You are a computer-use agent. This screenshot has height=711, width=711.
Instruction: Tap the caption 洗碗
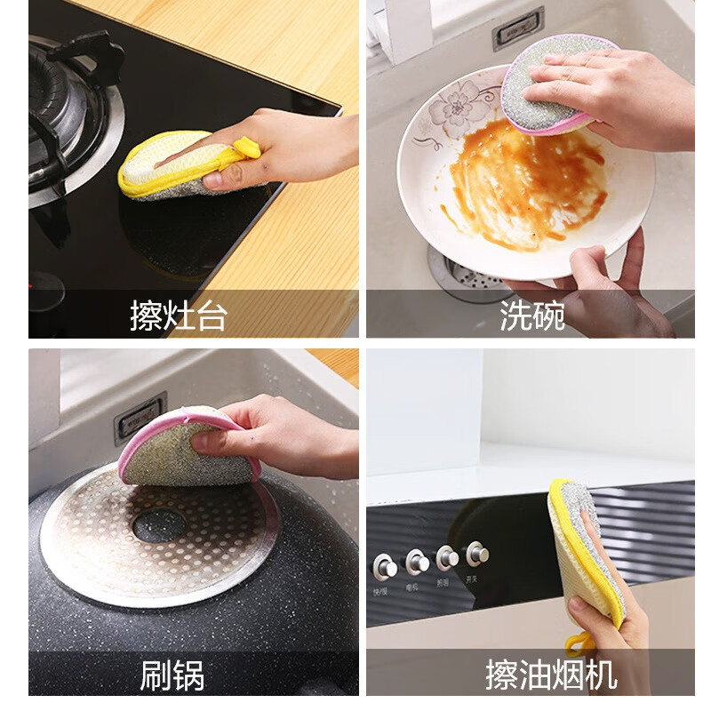[531, 316]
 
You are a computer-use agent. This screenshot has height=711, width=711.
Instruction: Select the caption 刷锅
[172, 675]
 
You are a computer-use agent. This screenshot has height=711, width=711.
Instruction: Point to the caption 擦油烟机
[550, 675]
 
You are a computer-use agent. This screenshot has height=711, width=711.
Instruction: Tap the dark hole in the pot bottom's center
[159, 525]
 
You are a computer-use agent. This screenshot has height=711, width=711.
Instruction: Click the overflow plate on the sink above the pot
[140, 416]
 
